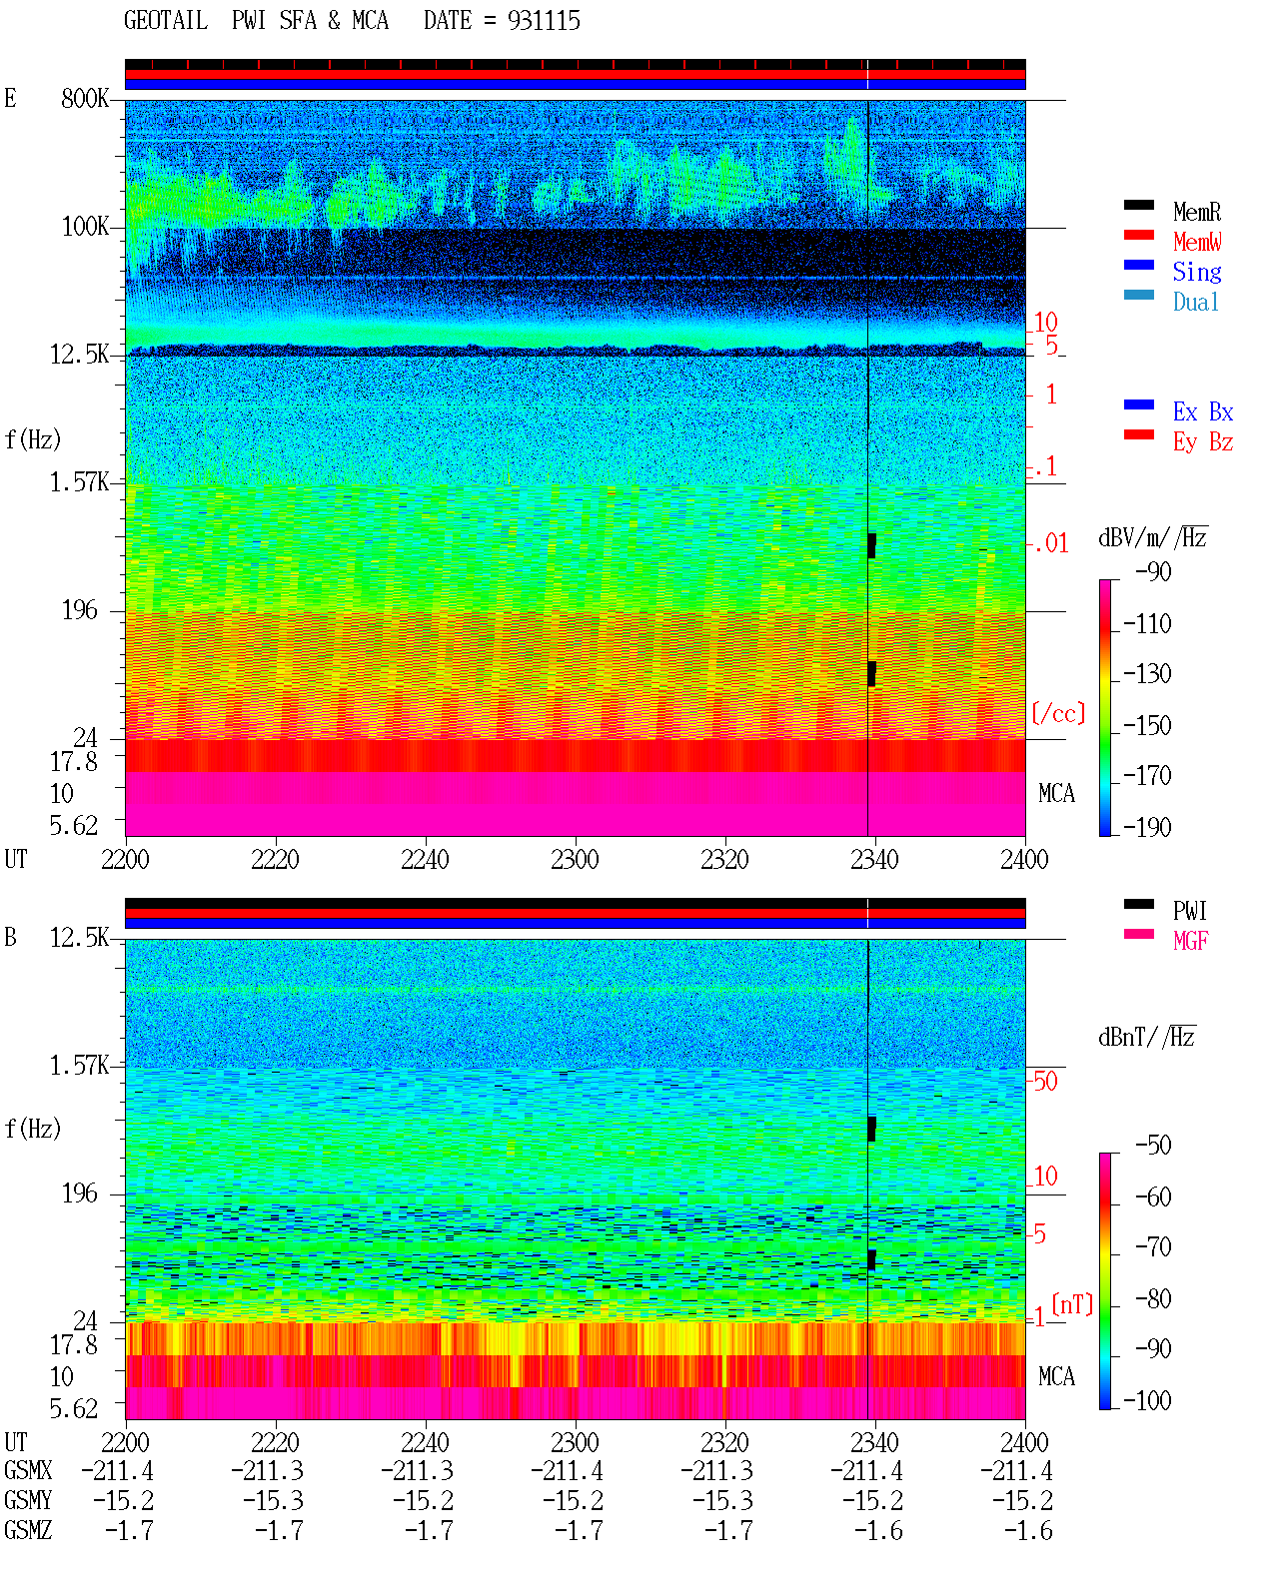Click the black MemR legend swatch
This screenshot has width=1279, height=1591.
tap(1138, 205)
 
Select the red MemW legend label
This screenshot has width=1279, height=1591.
tap(1197, 242)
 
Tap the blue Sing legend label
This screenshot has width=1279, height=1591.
tap(1197, 272)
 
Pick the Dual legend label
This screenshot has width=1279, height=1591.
tap(1196, 302)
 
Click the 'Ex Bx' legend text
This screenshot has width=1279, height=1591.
tap(1203, 411)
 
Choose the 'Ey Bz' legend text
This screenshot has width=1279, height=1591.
tap(1203, 442)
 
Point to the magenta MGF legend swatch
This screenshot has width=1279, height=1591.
tap(1138, 934)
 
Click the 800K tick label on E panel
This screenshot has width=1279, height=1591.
tap(85, 98)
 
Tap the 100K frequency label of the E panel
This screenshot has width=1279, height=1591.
tap(85, 227)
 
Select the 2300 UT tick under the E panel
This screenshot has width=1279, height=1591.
tap(575, 860)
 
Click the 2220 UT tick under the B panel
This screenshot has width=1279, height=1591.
tap(275, 1442)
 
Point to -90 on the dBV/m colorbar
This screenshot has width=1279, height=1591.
tap(1153, 571)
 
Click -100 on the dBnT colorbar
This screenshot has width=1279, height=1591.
tap(1147, 1400)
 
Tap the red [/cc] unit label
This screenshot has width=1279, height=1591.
tap(1058, 713)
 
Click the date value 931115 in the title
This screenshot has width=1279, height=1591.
tap(544, 21)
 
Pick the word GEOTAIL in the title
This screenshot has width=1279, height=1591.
tap(166, 21)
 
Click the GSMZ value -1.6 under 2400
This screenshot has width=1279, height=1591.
tap(1028, 1530)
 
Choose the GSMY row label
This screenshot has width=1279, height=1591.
tap(28, 1501)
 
